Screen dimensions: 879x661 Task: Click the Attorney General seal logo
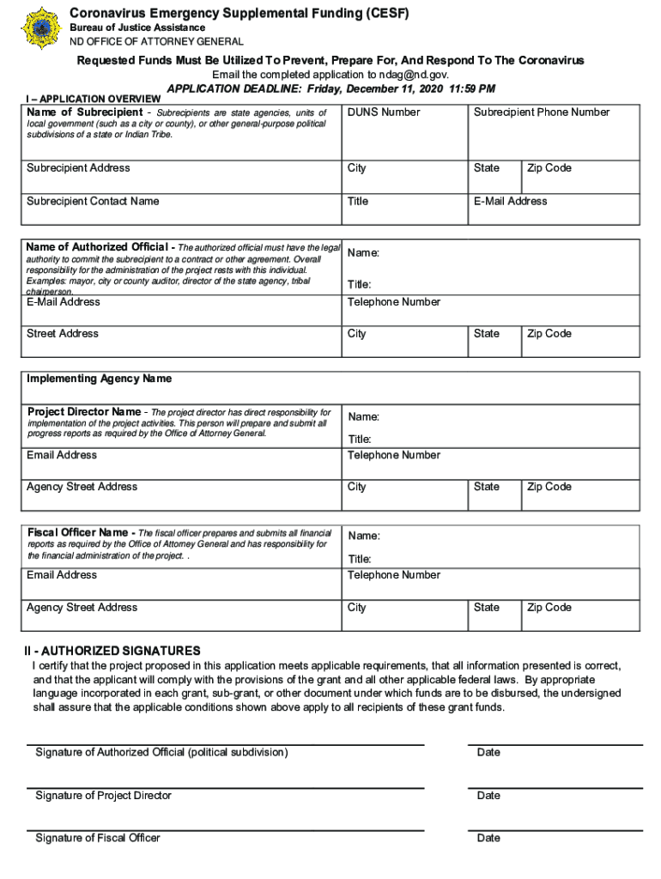[39, 27]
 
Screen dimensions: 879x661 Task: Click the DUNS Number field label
[384, 112]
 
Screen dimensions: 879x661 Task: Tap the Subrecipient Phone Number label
[541, 112]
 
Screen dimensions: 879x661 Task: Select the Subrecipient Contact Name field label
[93, 202]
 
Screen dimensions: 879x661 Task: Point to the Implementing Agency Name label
[99, 379]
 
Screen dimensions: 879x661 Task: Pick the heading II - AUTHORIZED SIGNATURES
[112, 651]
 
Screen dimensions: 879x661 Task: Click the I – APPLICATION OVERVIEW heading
[94, 99]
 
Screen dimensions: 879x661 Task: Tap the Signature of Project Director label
[103, 796]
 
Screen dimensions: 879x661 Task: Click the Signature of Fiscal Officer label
[98, 838]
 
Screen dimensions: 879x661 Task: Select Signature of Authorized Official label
[161, 753]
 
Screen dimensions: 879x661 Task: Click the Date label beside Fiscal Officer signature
[488, 838]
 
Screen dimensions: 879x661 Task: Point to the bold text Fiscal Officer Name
[79, 532]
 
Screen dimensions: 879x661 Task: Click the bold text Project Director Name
[84, 411]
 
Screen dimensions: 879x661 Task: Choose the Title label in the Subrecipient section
[358, 202]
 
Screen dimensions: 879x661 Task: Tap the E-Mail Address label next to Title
[510, 202]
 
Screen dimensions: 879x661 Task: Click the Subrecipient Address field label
[78, 168]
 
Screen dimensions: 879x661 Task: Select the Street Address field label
[63, 334]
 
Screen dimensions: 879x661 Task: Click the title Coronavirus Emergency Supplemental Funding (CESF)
[240, 13]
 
